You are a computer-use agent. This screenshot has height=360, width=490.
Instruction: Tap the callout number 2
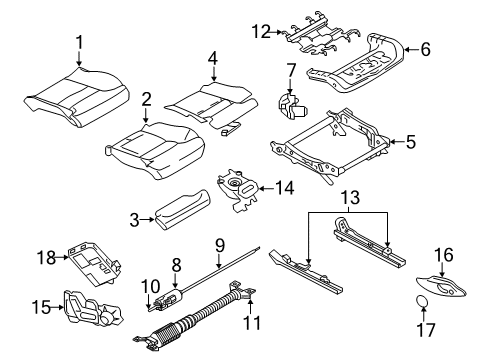[x=145, y=101]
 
